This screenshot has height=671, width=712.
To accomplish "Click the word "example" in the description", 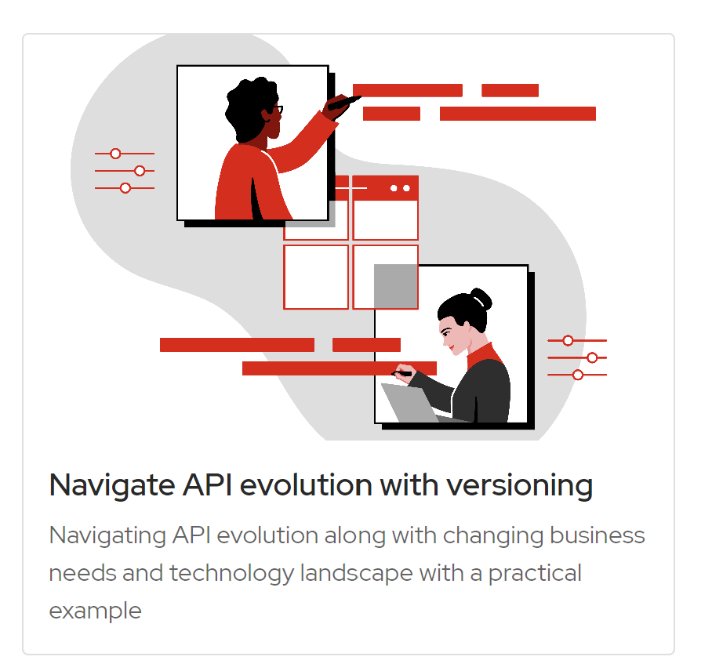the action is tap(95, 611).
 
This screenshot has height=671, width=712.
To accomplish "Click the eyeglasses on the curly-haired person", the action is tap(276, 111).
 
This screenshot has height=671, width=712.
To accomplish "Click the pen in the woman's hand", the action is tap(403, 373).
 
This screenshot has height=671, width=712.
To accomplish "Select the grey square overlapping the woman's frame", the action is tap(395, 286).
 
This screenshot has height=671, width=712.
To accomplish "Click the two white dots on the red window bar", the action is tap(400, 188).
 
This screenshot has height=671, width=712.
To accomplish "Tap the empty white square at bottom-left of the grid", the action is tap(316, 277).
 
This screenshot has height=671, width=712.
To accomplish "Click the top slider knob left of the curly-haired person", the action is tap(115, 154).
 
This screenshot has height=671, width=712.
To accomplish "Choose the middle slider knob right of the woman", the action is tap(592, 358).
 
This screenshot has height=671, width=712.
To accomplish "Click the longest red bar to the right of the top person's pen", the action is tap(518, 114).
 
